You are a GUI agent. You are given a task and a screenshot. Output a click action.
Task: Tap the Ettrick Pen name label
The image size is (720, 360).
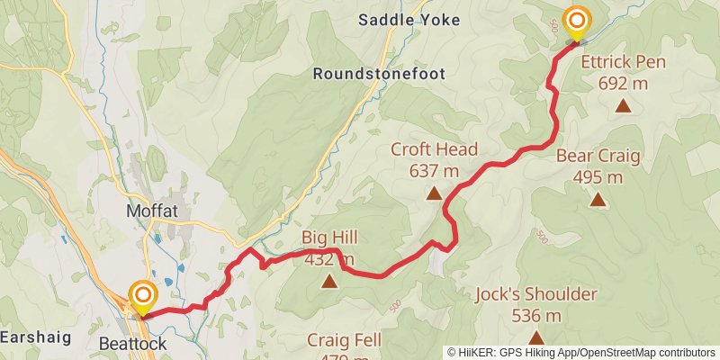click(x=622, y=64)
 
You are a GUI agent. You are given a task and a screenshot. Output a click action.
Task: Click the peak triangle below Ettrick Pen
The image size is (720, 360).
click(x=622, y=106)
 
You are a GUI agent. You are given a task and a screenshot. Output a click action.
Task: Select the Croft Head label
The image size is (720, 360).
click(x=434, y=149)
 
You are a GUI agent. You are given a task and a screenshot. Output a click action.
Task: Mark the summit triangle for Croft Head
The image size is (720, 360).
click(x=434, y=193)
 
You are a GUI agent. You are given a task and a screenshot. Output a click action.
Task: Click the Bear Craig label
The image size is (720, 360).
click(x=598, y=156)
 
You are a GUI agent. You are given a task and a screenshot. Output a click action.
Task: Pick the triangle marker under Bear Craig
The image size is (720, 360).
click(x=598, y=199)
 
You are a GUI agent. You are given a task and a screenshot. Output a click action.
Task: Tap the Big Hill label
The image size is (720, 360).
click(x=329, y=238)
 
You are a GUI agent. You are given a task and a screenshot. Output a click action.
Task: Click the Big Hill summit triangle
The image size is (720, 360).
click(x=329, y=282)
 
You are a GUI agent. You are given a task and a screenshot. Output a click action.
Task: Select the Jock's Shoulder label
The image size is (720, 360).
click(x=536, y=294)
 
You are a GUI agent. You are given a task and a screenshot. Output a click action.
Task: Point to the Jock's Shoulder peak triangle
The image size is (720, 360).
click(x=536, y=337)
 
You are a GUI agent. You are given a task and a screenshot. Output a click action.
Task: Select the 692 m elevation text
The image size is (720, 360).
click(x=622, y=84)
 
